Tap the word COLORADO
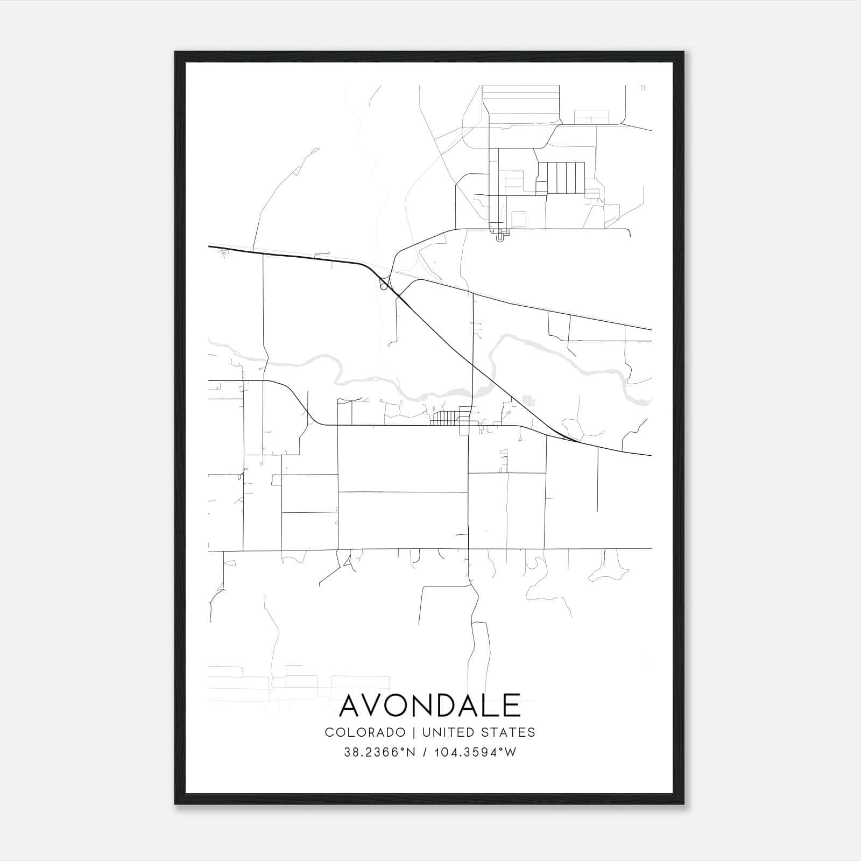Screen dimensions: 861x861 pyautogui.click(x=365, y=732)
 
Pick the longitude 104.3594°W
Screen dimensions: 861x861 pyautogui.click(x=474, y=752)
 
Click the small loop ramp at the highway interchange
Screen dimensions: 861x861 pyautogui.click(x=384, y=286)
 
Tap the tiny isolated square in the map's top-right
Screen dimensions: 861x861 pyautogui.click(x=643, y=88)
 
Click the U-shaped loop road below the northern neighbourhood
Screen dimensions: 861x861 pyautogui.click(x=502, y=235)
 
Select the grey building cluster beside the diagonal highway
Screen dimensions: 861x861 pyautogui.click(x=530, y=400)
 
